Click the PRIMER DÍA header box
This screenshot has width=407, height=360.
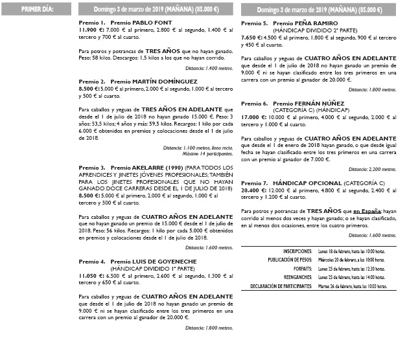[37, 10]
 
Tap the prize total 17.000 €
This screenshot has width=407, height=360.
[253, 117]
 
